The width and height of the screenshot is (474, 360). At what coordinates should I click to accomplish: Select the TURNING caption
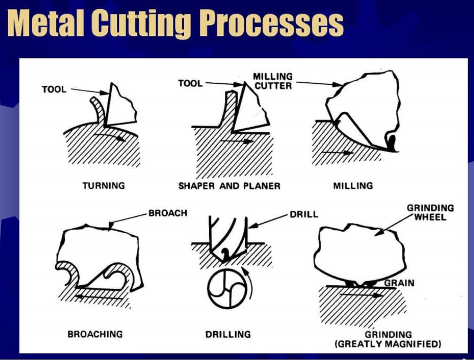coord(104,186)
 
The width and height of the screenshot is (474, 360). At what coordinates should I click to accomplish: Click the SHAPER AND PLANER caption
coord(229,186)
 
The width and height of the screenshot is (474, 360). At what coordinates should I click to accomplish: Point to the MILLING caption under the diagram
coord(353,186)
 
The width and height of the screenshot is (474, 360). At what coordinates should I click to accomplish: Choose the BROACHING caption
coord(95,334)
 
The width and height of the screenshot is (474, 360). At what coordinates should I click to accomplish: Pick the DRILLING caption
coord(228,334)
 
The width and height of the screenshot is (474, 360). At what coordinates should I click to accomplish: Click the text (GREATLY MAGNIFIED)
coord(388,344)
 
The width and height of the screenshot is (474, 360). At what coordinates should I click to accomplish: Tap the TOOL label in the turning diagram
coord(54,89)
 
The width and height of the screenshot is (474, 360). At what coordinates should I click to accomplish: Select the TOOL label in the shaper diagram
coord(190,84)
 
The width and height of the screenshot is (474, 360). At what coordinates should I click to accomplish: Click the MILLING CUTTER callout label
coord(273,81)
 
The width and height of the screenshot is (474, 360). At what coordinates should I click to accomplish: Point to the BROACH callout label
coord(168,213)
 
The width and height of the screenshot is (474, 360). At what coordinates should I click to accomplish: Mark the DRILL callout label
coord(304,214)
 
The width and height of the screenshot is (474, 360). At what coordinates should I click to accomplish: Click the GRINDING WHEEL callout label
coord(430,212)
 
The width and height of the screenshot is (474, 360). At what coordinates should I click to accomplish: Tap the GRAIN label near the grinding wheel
coord(399,283)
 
